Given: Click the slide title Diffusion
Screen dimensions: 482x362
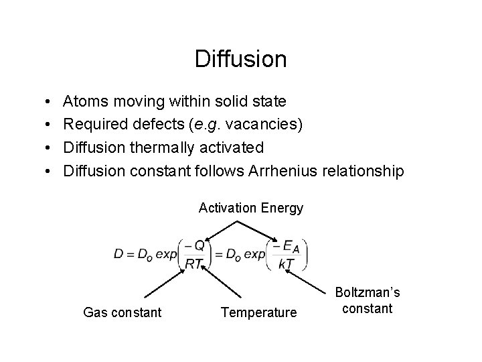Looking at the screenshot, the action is point(240,60).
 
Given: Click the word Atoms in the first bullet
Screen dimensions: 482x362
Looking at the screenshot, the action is point(86,102).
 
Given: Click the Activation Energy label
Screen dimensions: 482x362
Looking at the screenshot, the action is point(251,208).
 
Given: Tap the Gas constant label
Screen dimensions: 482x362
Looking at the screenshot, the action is point(122,312).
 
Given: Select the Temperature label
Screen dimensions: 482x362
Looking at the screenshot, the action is point(258,312).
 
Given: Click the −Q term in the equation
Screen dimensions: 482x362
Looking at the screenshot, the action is point(195,245).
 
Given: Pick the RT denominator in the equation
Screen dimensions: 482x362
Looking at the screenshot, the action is point(194,264).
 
